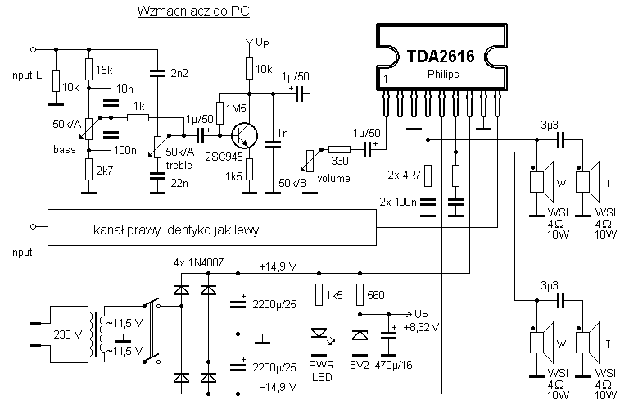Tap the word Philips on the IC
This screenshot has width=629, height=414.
tap(443, 75)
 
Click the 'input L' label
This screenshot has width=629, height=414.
tap(26, 75)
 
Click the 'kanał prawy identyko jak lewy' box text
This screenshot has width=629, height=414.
tap(176, 230)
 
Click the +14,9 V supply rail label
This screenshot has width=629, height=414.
tap(278, 266)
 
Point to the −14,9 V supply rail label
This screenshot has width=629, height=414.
tap(278, 386)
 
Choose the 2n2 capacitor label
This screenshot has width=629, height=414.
tap(179, 74)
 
